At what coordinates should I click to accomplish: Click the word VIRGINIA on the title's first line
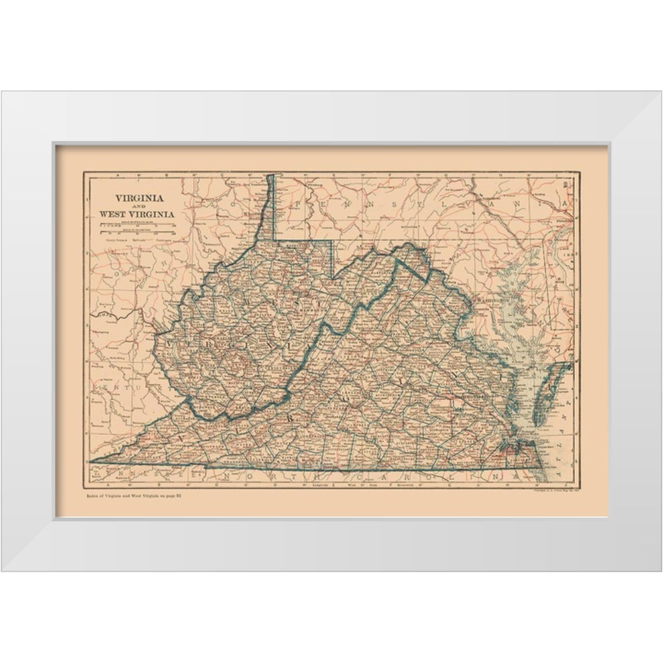pos(141,198)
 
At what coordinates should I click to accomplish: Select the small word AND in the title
pos(141,206)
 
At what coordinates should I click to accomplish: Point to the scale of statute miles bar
pos(136,225)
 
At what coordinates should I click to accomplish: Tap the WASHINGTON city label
pos(495,300)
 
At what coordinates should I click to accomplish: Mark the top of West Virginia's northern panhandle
pos(271,176)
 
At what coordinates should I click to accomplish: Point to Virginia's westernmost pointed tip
pos(91,461)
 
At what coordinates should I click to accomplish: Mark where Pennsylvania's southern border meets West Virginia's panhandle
pos(275,239)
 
